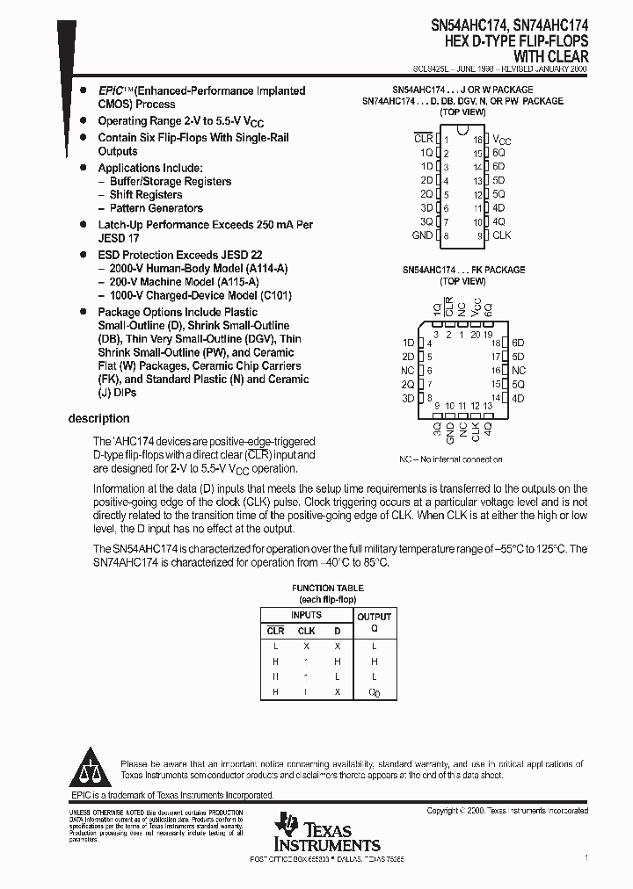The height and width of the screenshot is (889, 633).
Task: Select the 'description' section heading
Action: pos(98,418)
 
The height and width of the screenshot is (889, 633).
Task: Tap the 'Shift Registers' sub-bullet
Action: pos(146,195)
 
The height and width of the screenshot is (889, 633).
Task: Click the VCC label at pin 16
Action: pos(501,140)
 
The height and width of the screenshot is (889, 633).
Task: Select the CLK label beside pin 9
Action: pos(501,235)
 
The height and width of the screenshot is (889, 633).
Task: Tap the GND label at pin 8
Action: pos(422,235)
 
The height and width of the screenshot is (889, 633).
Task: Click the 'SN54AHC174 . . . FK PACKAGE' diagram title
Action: pos(463,270)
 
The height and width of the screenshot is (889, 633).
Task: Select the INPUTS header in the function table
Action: pos(306,616)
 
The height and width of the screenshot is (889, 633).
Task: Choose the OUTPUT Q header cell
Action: pos(374,622)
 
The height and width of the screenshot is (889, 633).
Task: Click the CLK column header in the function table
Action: pos(306,631)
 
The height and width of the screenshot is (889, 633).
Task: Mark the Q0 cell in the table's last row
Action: pos(374,692)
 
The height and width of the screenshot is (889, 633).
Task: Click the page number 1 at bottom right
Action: pos(586,856)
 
